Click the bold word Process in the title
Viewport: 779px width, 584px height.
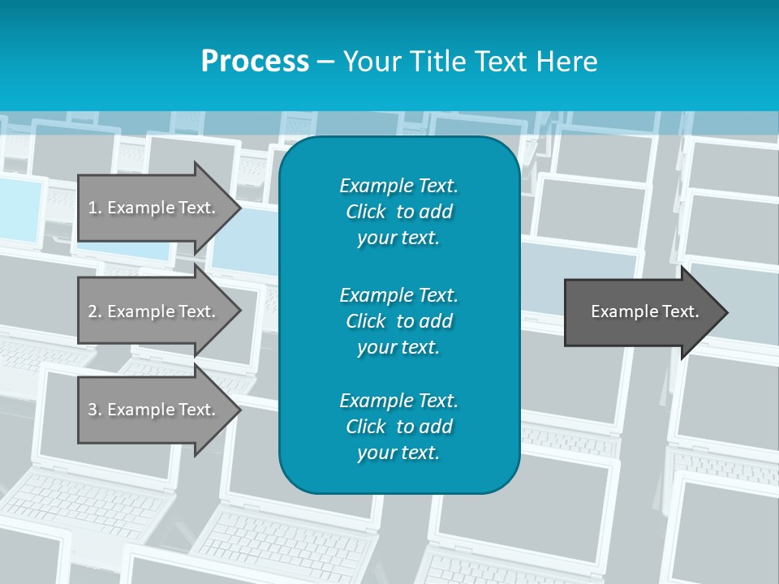255,62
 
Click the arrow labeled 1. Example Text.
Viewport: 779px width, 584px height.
154,208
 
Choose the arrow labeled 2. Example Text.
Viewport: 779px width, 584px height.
154,311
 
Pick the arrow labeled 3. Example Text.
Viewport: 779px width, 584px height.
154,410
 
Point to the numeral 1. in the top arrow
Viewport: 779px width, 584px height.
95,208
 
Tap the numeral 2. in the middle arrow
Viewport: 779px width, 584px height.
95,311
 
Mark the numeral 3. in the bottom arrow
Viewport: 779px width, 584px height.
95,410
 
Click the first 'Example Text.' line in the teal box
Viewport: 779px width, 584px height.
398,186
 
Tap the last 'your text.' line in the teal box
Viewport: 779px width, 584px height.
398,453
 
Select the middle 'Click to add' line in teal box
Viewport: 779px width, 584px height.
398,321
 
